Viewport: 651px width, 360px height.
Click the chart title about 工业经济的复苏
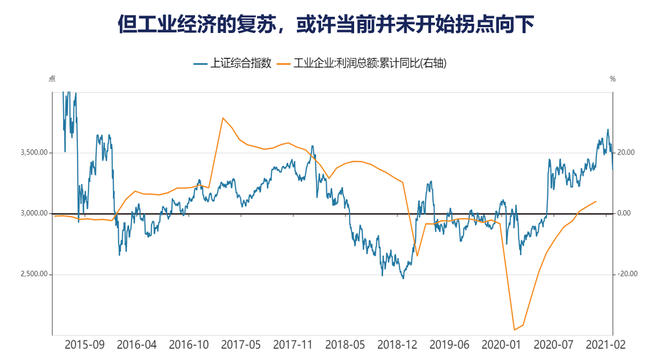tap(325, 24)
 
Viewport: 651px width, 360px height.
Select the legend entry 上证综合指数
tap(232, 63)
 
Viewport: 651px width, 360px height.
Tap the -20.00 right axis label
tap(626, 274)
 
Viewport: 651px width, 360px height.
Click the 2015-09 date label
tap(84, 345)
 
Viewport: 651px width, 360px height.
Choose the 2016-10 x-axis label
tap(189, 345)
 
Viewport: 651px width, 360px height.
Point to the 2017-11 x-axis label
tap(293, 345)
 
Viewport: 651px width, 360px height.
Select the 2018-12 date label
tap(397, 345)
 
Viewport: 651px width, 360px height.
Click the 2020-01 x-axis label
tap(501, 345)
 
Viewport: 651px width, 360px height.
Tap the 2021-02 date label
tap(605, 345)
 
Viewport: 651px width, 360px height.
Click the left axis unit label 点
tap(52, 79)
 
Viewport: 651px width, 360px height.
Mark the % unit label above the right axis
tap(613, 79)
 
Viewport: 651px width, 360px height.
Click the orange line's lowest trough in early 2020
tap(514, 330)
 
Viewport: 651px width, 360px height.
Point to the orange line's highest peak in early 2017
tap(223, 118)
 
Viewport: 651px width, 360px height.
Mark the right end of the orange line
tap(596, 201)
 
